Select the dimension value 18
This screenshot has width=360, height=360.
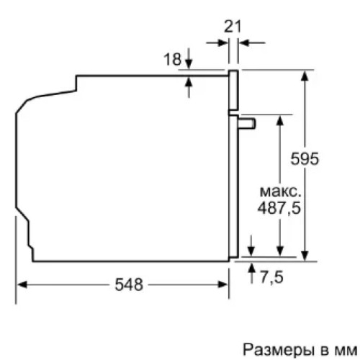pyautogui.click(x=172, y=60)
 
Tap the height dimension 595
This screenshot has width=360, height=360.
pyautogui.click(x=306, y=159)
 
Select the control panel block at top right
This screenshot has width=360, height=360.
pyautogui.click(x=234, y=90)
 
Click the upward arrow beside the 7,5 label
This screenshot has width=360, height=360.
pyautogui.click(x=251, y=268)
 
